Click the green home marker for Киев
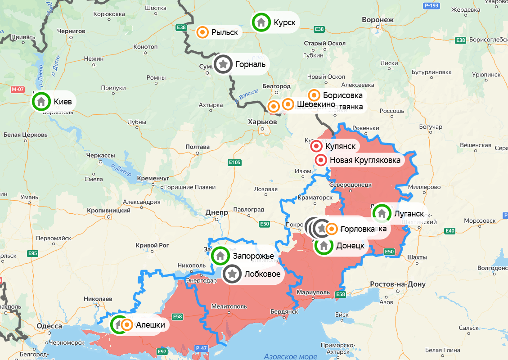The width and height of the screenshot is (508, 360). tap(41, 101)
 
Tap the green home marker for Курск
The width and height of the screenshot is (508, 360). tap(261, 22)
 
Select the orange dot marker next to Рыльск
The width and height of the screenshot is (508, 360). tap(203, 32)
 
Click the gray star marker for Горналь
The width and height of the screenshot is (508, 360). tap(223, 64)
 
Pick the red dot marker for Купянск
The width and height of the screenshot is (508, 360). tap(317, 146)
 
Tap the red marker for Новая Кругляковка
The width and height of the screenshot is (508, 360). tap(321, 160)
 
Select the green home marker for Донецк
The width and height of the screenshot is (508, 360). tap(324, 246)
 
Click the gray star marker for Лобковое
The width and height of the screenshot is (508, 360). tap(232, 274)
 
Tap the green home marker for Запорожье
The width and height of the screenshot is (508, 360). tap(220, 256)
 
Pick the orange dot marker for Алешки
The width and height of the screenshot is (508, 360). tap(127, 325)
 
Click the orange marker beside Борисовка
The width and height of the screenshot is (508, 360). tap(314, 95)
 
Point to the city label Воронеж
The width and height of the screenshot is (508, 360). tap(378, 20)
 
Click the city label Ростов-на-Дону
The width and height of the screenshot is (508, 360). tap(397, 284)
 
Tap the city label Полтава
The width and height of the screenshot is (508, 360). tap(198, 147)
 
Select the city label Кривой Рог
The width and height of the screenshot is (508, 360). tap(152, 246)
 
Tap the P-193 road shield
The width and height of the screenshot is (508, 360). tap(431, 5)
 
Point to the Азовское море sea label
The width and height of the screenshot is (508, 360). tap(290, 356)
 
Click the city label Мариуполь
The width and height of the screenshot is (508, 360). tap(312, 293)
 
